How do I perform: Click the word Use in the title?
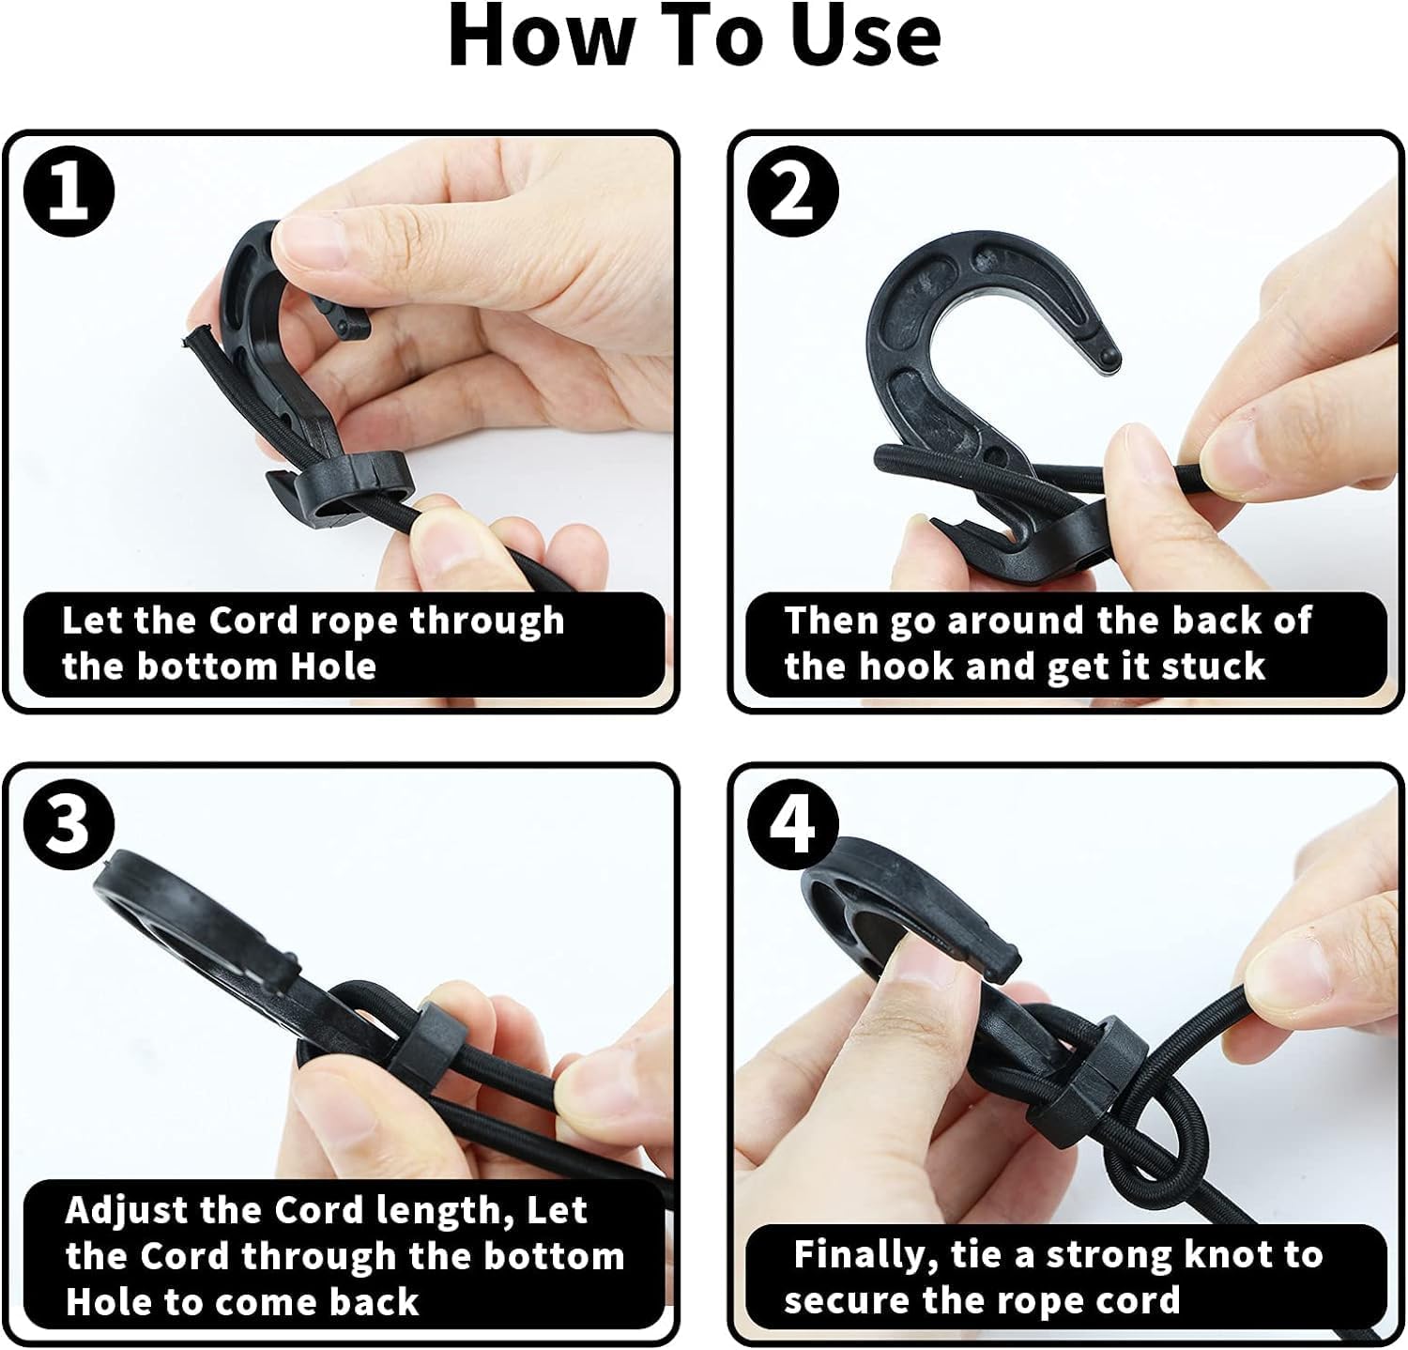click(865, 38)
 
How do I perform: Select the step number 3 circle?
click(69, 825)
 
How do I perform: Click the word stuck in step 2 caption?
click(1213, 667)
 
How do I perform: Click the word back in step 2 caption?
click(1211, 621)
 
